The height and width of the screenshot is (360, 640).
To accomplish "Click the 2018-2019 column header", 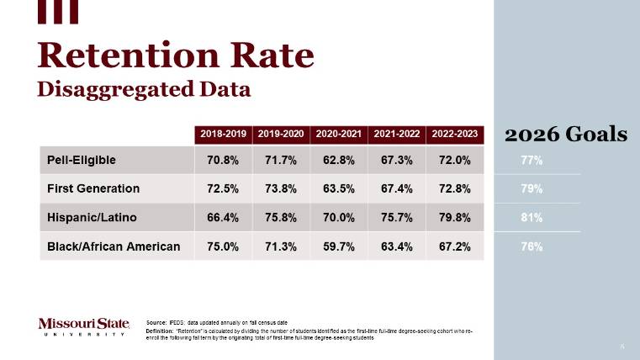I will click(223, 134).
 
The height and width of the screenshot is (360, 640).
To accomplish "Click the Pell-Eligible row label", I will click(82, 160).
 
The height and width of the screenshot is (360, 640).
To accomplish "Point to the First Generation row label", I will click(93, 188).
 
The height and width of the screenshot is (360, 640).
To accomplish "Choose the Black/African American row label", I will click(114, 246).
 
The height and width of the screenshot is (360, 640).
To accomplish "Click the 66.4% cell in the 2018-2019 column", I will click(223, 217).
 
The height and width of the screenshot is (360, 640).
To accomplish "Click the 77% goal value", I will click(532, 160).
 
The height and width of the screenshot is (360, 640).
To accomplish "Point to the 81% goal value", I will click(532, 217).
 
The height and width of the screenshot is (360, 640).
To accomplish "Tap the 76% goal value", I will click(532, 246).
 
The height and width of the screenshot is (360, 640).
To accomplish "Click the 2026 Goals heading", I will click(565, 134).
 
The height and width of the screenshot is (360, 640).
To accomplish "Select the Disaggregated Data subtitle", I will click(144, 88).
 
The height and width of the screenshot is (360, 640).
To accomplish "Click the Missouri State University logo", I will click(84, 326).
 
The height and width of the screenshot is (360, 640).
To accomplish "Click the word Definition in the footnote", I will click(160, 331).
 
